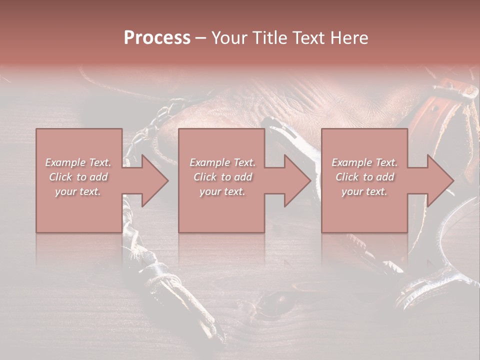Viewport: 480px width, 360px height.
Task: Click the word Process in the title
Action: tap(157, 38)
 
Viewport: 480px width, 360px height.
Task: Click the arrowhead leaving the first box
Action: tap(152, 180)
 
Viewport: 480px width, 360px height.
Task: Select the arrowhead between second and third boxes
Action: tap(295, 180)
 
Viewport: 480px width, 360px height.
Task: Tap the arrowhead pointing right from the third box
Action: tap(438, 180)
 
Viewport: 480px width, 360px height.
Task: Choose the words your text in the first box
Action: tap(78, 191)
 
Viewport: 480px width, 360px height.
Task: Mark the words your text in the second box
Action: tap(222, 191)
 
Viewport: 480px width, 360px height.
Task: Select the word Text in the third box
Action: tap(386, 162)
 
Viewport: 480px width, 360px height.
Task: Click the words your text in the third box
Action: tap(364, 191)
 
